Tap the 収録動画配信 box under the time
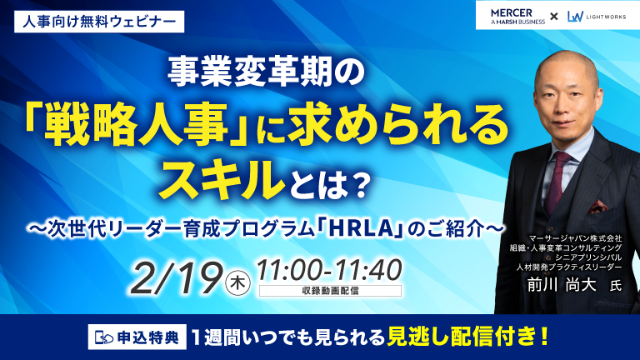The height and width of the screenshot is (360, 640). pyautogui.click(x=330, y=291)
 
